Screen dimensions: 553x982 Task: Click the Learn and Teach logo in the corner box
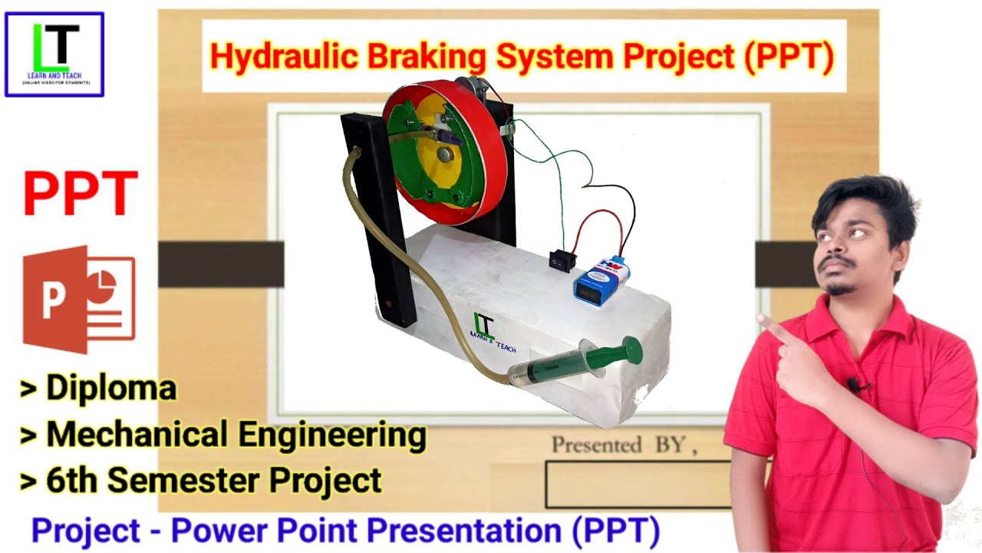(54, 54)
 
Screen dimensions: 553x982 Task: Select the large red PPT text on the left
(81, 194)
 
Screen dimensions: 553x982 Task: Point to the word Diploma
(110, 389)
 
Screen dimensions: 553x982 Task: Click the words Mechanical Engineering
(236, 435)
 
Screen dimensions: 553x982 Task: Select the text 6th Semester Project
(213, 481)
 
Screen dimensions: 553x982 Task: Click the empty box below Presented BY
(637, 485)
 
